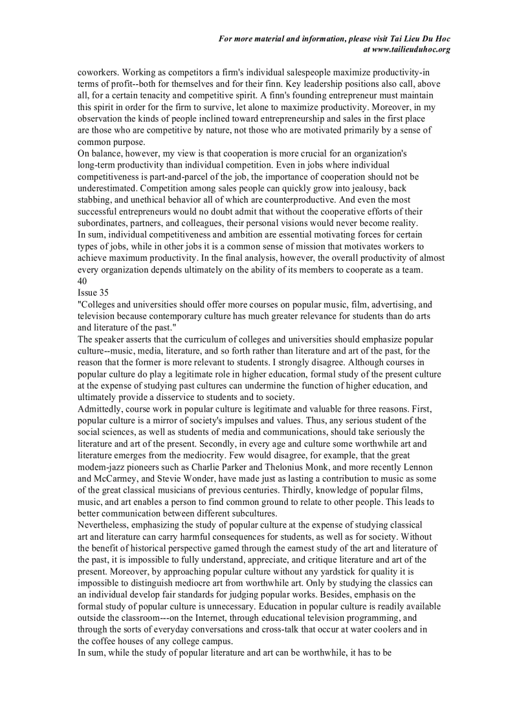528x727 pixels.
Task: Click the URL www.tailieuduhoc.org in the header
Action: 411,49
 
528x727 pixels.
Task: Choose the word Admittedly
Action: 100,409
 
